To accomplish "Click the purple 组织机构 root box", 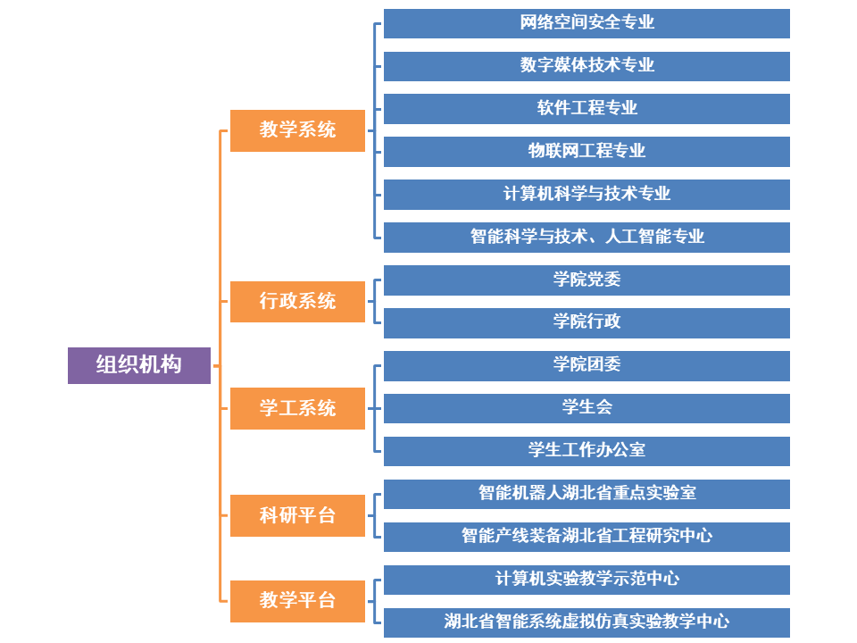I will [139, 365].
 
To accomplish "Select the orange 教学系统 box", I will [297, 130].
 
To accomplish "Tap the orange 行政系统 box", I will [297, 302].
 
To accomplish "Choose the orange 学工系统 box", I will [297, 408].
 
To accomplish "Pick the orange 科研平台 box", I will [297, 515].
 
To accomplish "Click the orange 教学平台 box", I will [297, 601].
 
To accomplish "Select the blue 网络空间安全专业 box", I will [587, 23].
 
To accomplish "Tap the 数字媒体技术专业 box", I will [587, 66].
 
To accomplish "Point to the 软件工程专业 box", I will [587, 109].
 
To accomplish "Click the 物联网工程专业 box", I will [587, 152].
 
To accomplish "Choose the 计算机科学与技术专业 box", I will [587, 194].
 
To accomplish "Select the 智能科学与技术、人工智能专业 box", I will [587, 237].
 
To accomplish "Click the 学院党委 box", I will [587, 280].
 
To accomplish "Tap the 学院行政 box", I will [587, 322].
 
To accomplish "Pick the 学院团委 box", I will [587, 365].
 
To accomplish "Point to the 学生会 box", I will [587, 408].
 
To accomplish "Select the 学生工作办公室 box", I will [587, 451].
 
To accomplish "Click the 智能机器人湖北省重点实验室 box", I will [587, 494].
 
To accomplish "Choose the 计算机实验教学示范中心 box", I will [587, 580].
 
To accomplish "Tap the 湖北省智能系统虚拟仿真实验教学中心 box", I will [587, 622].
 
